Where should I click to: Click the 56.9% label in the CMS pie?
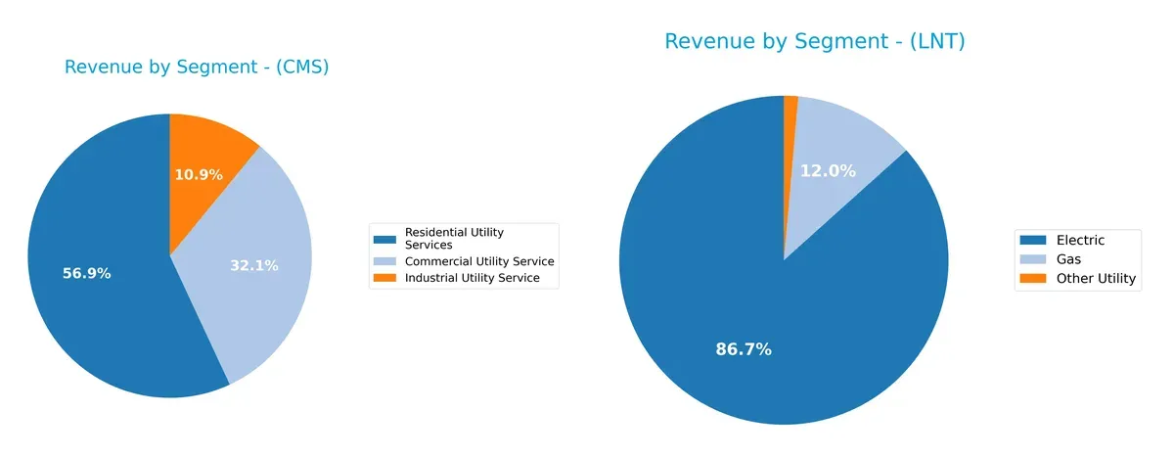click(x=87, y=274)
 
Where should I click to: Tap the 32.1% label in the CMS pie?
click(x=254, y=265)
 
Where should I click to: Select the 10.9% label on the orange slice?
click(x=199, y=175)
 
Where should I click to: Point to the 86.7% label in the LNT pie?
click(x=744, y=349)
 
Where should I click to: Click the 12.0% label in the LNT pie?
click(x=828, y=170)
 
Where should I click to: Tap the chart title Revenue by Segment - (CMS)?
click(x=196, y=68)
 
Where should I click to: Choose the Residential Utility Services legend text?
click(x=454, y=238)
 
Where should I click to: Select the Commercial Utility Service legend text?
click(x=479, y=261)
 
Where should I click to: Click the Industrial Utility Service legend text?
click(x=472, y=278)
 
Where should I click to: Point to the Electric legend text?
click(x=1080, y=240)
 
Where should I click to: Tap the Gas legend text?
click(x=1069, y=259)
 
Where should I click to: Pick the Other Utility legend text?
click(x=1096, y=279)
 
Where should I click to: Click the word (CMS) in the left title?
click(x=301, y=68)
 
